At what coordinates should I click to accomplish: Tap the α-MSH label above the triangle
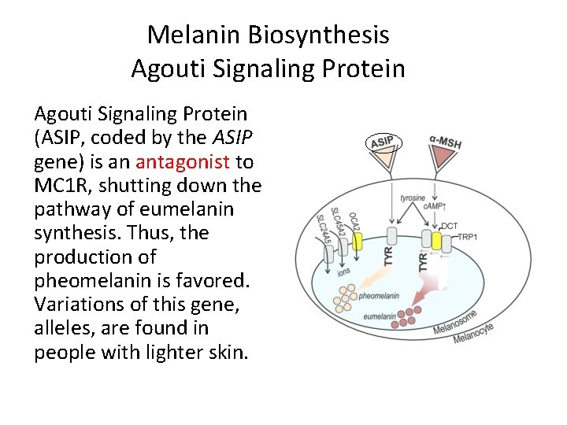click(x=445, y=142)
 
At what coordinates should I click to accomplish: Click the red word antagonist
click(x=182, y=162)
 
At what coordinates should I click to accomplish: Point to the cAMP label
click(x=435, y=207)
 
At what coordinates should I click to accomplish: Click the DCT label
click(x=450, y=227)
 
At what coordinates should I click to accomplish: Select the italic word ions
click(x=344, y=272)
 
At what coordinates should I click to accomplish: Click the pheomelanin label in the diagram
click(x=379, y=297)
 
